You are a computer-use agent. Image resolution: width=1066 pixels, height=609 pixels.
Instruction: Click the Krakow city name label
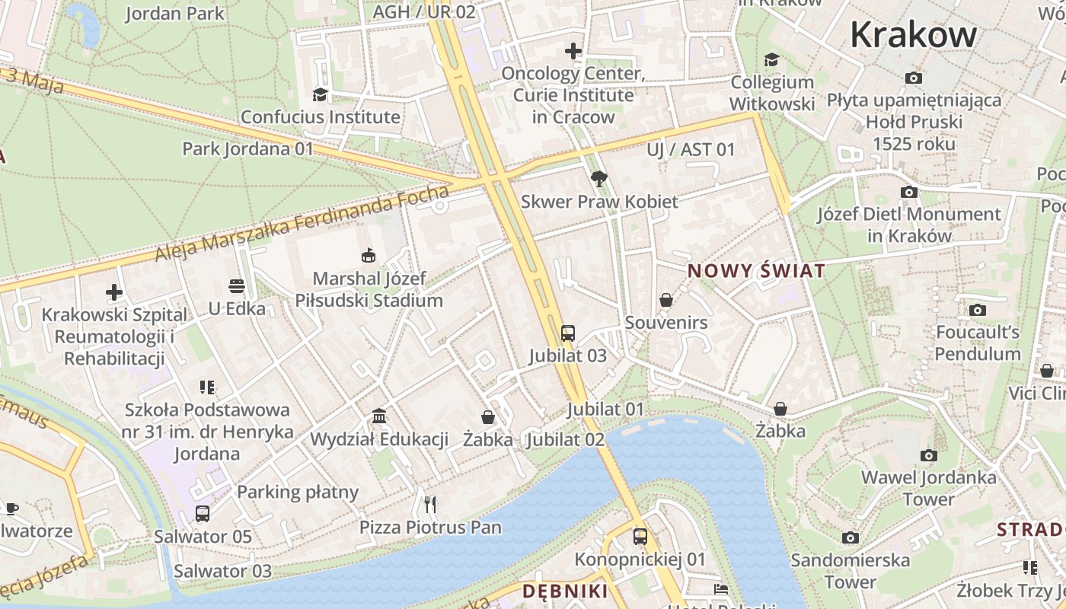coord(913,34)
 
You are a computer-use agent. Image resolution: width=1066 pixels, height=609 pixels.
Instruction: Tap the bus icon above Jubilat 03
coord(568,333)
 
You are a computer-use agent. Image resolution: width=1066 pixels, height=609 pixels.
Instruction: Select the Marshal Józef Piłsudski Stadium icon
coord(369,255)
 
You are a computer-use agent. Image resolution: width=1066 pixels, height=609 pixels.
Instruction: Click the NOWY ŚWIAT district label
coord(756,271)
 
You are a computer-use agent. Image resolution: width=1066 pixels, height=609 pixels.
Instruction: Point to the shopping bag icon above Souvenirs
coord(666,300)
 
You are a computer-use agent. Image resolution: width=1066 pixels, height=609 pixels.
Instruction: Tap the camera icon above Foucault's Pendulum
coord(978,310)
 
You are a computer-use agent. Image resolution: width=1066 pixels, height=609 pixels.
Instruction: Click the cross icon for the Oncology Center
coord(573,51)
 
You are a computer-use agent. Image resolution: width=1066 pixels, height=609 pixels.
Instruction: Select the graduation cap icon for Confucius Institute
coord(320,94)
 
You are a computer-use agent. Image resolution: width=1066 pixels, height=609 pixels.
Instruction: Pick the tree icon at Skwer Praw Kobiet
coord(599,179)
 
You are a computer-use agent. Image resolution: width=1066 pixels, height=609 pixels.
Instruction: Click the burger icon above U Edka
coord(237,286)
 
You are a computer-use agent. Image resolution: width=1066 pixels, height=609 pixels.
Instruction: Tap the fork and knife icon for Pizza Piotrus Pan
coord(430,504)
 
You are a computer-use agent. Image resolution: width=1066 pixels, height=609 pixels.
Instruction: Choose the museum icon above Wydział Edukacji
coord(379,416)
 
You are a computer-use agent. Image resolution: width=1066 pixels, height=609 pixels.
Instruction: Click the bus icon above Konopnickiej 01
coord(640,536)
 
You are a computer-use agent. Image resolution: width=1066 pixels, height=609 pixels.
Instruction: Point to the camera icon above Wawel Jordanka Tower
coord(928,455)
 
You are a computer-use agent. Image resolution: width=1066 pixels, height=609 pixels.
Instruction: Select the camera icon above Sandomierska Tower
coord(851,537)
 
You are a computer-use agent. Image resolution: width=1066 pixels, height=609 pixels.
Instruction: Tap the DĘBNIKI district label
coord(565,591)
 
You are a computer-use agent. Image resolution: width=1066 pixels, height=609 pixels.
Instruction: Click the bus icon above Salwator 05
coord(203,513)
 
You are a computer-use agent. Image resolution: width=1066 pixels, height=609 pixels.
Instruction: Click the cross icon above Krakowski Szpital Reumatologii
coord(114,292)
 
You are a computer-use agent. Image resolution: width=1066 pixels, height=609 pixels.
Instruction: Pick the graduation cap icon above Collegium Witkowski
coord(772,59)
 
